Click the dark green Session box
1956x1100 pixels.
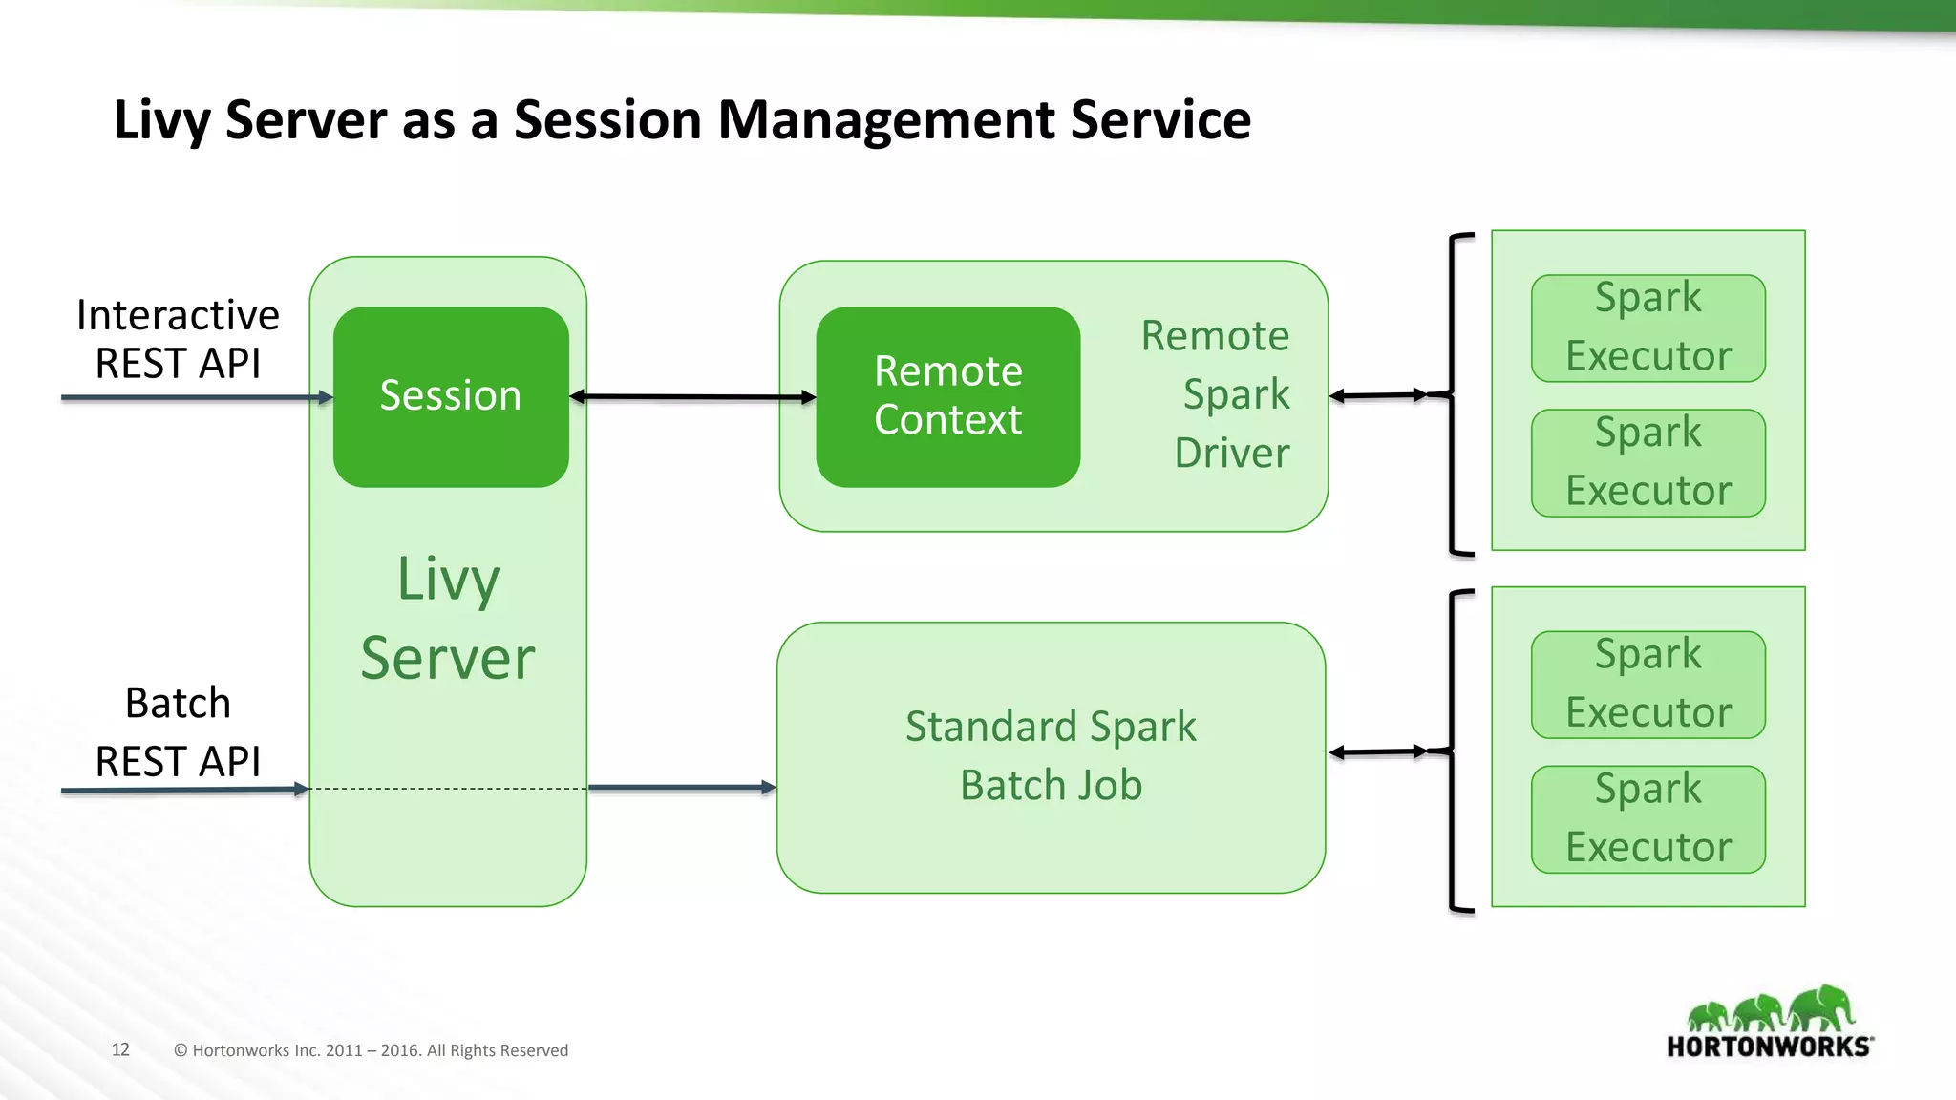coord(450,396)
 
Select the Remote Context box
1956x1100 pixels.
coord(947,396)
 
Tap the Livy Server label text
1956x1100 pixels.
coord(448,619)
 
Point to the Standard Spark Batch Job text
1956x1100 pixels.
coord(1051,755)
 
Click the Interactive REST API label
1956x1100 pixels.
coord(178,339)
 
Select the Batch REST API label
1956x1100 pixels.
coord(178,731)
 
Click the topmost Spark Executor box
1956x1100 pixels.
coord(1648,328)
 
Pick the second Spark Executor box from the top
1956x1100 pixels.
coord(1648,463)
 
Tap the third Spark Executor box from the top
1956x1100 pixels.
coord(1648,684)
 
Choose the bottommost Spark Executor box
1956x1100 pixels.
coord(1648,819)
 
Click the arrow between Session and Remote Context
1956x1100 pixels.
coord(692,396)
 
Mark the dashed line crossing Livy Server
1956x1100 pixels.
coord(449,789)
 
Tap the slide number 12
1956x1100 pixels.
coord(120,1049)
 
